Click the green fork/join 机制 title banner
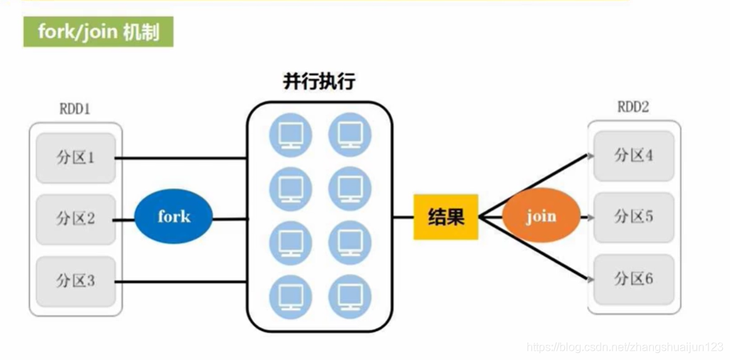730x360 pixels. coord(98,33)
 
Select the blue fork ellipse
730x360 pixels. coord(174,216)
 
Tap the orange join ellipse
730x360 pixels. coord(541,216)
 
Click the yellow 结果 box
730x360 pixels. coord(446,216)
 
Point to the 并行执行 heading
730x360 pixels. coord(319,82)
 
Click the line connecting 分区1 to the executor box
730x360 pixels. coord(181,158)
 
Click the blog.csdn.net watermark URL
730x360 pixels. coord(624,347)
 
